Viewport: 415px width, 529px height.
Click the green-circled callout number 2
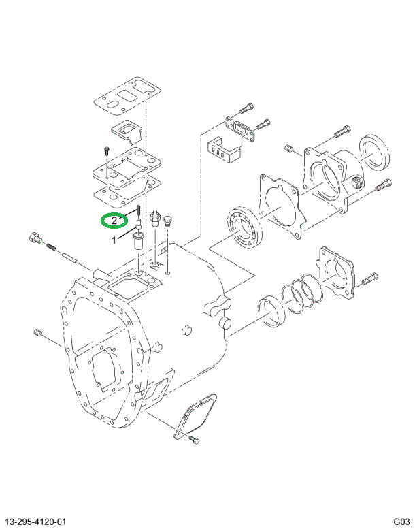(115, 221)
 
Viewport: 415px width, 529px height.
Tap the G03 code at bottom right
(400, 521)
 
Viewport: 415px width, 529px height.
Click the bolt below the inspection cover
(193, 440)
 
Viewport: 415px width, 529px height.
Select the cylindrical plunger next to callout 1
(139, 240)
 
